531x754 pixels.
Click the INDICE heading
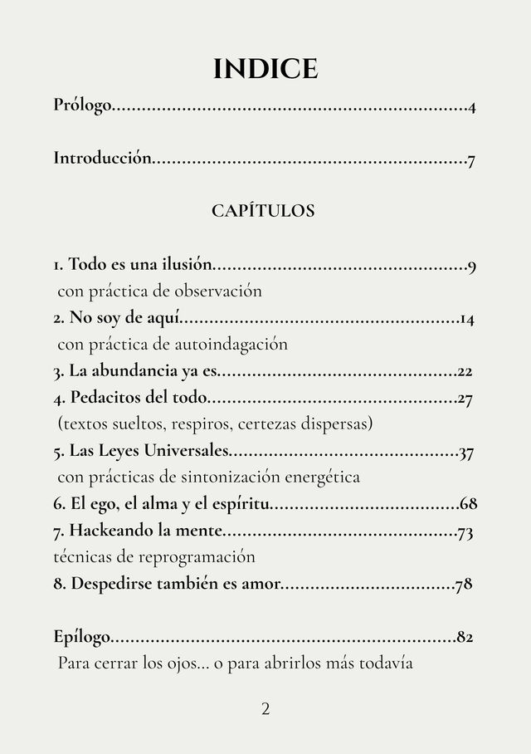[265, 69]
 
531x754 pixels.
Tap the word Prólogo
[81, 105]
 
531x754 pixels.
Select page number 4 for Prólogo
[471, 107]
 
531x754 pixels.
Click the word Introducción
[102, 158]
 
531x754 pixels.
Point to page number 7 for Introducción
[471, 160]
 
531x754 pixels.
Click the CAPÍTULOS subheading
[263, 210]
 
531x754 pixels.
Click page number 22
[465, 371]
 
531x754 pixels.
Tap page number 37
[466, 453]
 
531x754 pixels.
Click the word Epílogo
[81, 637]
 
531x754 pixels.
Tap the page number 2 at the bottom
[265, 708]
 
